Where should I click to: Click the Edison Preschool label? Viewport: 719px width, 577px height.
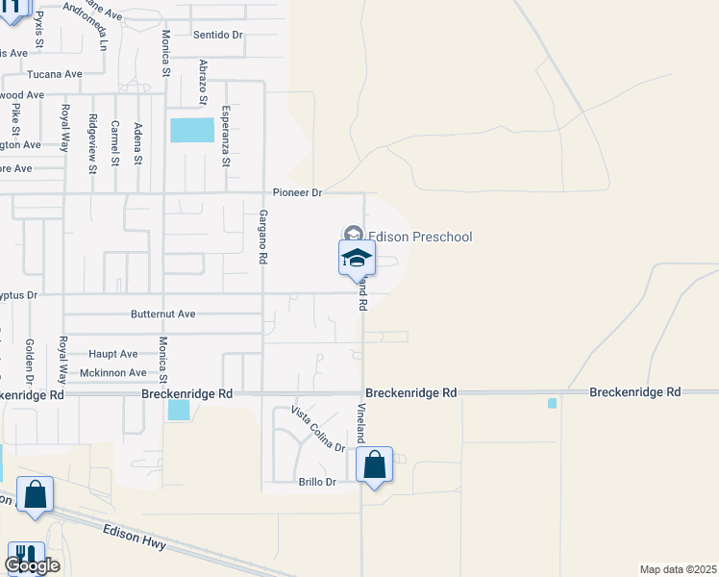click(x=420, y=237)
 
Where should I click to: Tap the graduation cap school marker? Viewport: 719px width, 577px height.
click(x=356, y=258)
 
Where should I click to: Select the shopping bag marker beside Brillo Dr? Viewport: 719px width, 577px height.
click(x=375, y=466)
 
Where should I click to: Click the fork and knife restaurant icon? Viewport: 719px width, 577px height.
click(x=25, y=557)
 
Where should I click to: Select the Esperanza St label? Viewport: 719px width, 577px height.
click(x=227, y=136)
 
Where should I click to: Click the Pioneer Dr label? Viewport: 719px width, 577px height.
click(x=296, y=192)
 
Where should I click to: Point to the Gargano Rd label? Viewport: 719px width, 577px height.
click(x=261, y=237)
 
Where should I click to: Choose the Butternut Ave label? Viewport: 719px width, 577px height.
click(x=163, y=314)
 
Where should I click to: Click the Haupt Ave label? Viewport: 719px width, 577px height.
click(x=113, y=354)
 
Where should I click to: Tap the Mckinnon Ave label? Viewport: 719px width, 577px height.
click(x=113, y=372)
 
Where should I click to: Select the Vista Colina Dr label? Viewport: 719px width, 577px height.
click(x=318, y=429)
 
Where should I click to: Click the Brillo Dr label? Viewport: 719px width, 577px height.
click(x=316, y=482)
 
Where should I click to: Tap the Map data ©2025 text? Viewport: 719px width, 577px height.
click(x=678, y=569)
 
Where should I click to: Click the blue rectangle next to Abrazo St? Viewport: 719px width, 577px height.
click(x=192, y=131)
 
